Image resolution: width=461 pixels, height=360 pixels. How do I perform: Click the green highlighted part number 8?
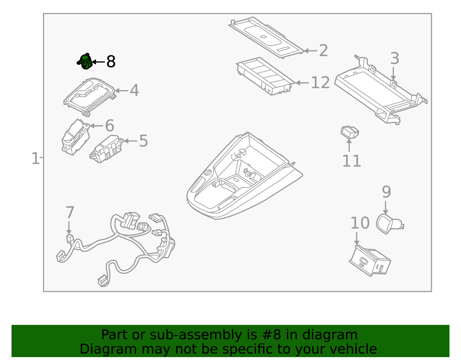coord(85,62)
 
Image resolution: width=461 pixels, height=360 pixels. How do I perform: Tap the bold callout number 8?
coord(111,62)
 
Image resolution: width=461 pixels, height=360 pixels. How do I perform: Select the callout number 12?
coord(320,83)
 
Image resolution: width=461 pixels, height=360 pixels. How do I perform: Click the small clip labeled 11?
coord(350,132)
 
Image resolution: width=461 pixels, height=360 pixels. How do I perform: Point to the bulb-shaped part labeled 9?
coord(388,224)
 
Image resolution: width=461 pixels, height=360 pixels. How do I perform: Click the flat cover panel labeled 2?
coord(267,37)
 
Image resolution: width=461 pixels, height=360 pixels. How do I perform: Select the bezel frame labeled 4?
coord(89,96)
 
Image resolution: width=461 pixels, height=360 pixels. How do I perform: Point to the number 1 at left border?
coord(35,159)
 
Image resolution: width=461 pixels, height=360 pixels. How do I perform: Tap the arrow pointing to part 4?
coord(121,91)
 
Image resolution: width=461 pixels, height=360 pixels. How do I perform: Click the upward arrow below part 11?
coord(349,145)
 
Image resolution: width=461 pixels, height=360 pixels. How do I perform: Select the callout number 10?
coord(360,223)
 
